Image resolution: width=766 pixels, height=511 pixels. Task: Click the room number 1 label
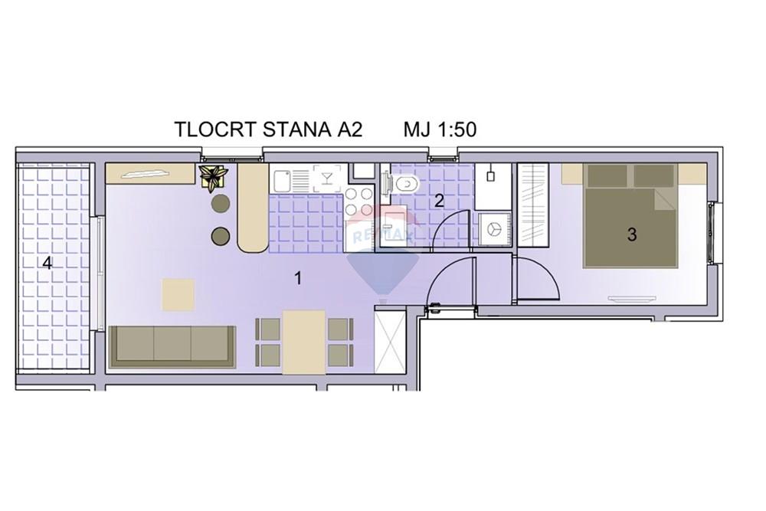[x=297, y=278]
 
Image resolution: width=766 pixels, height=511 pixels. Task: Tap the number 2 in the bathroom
[x=439, y=201]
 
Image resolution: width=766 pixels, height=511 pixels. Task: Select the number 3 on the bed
[x=632, y=235]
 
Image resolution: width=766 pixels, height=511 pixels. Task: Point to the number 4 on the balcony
[x=47, y=264]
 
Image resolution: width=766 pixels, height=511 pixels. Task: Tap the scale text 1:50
[x=457, y=130]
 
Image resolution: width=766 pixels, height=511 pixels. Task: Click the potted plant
[x=212, y=177]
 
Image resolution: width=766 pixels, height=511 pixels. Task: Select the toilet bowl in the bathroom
[x=407, y=184]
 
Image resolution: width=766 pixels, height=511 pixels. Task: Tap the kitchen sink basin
[x=282, y=180]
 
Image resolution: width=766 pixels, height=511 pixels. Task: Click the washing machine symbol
[x=494, y=229]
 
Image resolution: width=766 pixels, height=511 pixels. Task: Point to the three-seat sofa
[x=172, y=346]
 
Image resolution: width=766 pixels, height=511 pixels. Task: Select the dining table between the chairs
[x=304, y=342]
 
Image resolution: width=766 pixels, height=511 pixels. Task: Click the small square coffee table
[x=178, y=294]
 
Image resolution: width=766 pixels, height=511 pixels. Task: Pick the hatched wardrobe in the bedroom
[x=532, y=205]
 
